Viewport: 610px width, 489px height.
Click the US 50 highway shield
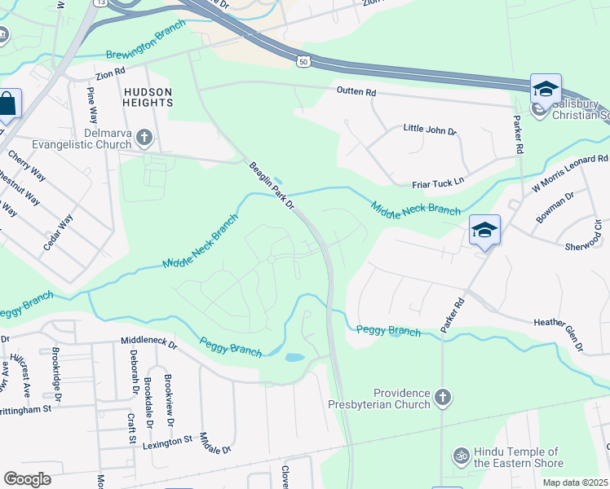[303, 62]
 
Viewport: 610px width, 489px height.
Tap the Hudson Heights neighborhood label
[148, 98]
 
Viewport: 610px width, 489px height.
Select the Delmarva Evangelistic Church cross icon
[144, 138]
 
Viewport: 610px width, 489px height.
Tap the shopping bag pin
[7, 104]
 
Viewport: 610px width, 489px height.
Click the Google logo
[27, 478]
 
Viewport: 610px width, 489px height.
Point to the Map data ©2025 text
[576, 482]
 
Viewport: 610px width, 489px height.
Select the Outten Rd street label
[356, 93]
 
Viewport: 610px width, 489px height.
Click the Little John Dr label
[430, 130]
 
